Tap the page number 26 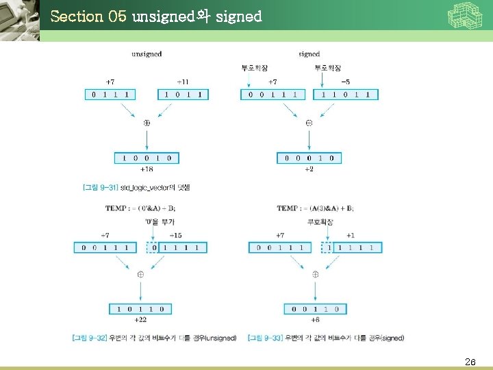click(x=470, y=361)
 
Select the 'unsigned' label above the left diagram click(x=147, y=53)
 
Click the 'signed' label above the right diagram click(x=309, y=53)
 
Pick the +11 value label click(x=183, y=82)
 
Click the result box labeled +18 click(x=147, y=158)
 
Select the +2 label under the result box click(x=309, y=169)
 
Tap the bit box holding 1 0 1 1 click(x=183, y=95)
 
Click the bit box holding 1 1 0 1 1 click(x=346, y=95)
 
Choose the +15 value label click(x=175, y=236)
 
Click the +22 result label click(x=140, y=320)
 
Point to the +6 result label click(x=315, y=320)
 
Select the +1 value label click(x=350, y=236)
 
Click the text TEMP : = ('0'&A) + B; click(x=140, y=208)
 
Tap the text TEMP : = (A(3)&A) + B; click(x=316, y=208)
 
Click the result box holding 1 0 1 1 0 click(x=140, y=309)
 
